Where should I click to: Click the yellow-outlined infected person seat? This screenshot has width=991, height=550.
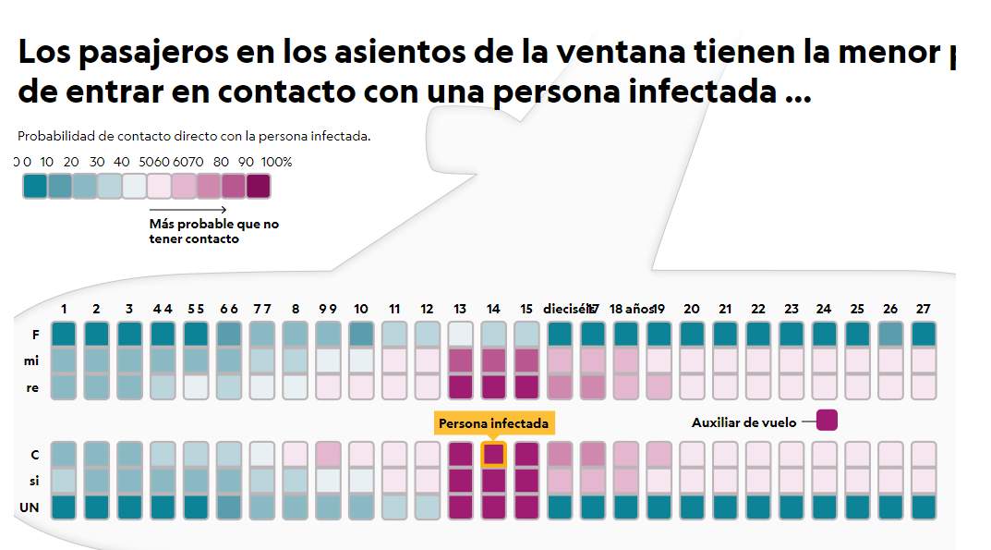(494, 455)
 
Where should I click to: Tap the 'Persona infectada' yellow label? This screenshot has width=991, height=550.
(493, 423)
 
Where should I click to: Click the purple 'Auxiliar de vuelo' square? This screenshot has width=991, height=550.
(827, 421)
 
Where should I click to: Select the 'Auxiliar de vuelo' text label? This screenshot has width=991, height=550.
(743, 422)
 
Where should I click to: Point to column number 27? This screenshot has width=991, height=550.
(923, 309)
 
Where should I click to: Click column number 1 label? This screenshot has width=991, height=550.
(64, 309)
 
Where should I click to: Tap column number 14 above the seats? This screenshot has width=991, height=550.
(493, 309)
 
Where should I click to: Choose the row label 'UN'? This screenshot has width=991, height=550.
(29, 507)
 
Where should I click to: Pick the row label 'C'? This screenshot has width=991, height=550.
(34, 455)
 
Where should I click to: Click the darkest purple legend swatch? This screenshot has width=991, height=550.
(259, 186)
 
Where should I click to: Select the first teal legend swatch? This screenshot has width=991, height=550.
(35, 186)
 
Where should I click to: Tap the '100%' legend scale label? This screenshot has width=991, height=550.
(276, 162)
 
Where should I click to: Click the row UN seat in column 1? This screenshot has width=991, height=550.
(64, 507)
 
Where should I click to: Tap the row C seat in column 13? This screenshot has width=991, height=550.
(460, 455)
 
